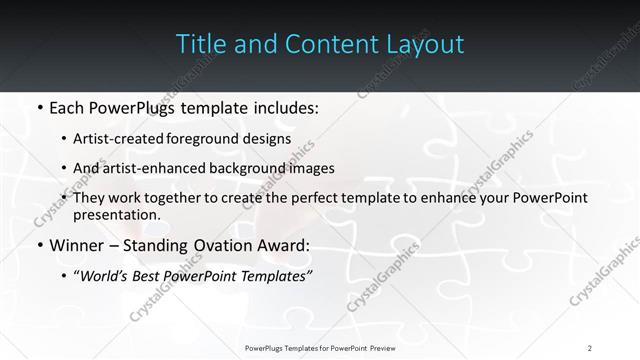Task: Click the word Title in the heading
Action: (x=199, y=45)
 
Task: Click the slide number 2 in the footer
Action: (x=590, y=347)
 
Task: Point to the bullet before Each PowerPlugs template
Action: (x=38, y=106)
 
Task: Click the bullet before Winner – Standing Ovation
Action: (x=38, y=244)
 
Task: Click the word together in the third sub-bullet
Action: (x=188, y=198)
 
